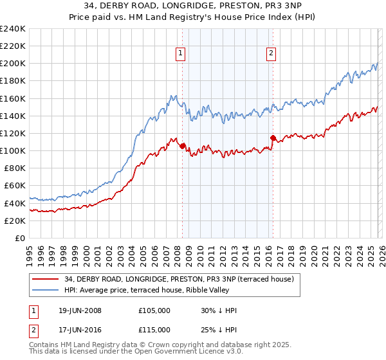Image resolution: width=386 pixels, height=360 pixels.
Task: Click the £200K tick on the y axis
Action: click(13, 64)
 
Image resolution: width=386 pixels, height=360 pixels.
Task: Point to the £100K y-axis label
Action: click(13, 150)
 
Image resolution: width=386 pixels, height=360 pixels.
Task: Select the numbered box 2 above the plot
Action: click(271, 53)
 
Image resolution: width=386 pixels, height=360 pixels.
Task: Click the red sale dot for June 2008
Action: click(183, 146)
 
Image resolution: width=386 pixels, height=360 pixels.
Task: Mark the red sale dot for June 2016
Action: click(273, 138)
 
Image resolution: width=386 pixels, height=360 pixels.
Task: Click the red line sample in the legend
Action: click(46, 279)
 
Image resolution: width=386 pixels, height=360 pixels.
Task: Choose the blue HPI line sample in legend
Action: click(46, 290)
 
